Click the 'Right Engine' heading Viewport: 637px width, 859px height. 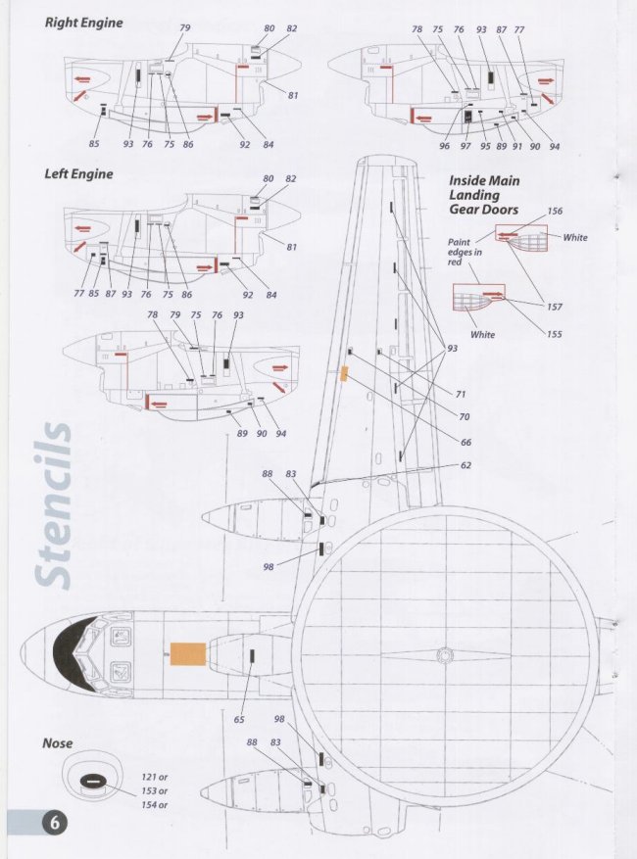pos(83,23)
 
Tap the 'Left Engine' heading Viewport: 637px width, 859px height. pos(78,174)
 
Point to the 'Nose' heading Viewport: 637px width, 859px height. pos(57,743)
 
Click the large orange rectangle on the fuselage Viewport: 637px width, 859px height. pos(188,653)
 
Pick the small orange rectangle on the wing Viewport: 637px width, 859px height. pos(344,373)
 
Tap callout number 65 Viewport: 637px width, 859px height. pos(239,721)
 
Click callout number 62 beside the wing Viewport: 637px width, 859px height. pos(465,465)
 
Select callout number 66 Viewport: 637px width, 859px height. pos(465,442)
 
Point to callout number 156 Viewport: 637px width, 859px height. pos(555,212)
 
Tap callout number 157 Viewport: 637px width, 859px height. pos(555,307)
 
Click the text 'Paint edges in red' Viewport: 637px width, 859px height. pos(460,252)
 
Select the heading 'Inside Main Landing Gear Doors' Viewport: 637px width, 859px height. pos(484,195)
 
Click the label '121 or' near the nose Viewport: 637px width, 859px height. pos(155,777)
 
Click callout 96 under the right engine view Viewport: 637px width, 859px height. pos(444,146)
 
